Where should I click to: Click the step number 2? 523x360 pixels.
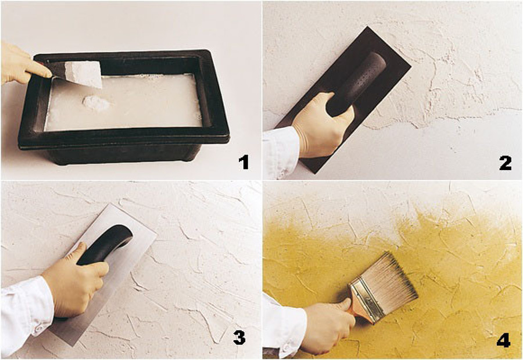click(x=504, y=163)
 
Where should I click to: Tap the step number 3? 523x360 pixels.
click(x=239, y=338)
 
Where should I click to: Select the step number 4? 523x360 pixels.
click(x=503, y=339)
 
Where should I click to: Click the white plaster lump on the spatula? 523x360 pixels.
click(x=83, y=74)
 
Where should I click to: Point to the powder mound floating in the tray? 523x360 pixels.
click(x=96, y=103)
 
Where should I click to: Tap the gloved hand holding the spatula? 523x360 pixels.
click(x=17, y=63)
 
